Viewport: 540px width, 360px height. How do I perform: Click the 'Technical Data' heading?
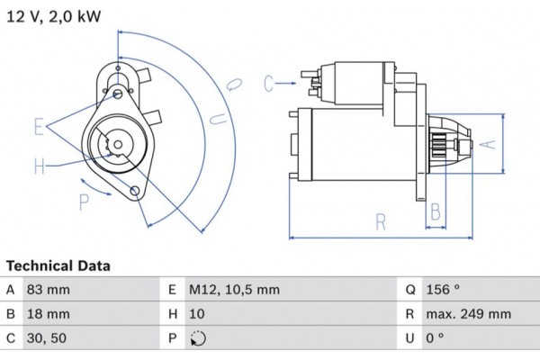point(58,266)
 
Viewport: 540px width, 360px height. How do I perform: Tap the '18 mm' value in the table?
point(50,314)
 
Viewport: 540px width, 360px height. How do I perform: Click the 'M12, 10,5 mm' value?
point(234,290)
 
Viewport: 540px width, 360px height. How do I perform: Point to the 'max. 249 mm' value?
point(469,314)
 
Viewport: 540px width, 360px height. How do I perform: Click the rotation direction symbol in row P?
point(199,339)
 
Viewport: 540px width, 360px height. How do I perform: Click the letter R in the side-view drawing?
point(382,220)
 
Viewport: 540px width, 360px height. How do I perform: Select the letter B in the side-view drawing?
point(435,212)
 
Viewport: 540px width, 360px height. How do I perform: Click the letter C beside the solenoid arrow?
point(268,84)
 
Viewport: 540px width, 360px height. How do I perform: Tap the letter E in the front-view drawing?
point(39,126)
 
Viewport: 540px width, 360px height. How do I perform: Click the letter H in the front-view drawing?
point(39,166)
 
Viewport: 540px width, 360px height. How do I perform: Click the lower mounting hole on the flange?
point(135,190)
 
